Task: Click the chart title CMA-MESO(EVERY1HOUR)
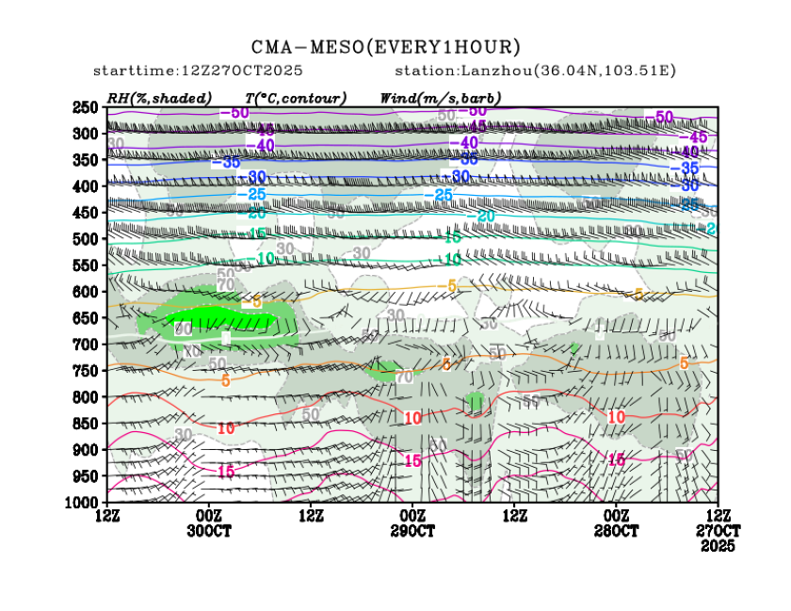(x=386, y=46)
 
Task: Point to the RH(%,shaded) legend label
(x=159, y=98)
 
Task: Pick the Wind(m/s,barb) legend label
(x=441, y=98)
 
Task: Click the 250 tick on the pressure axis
(x=86, y=107)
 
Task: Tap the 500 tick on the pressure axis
(x=86, y=239)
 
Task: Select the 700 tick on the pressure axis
(x=86, y=345)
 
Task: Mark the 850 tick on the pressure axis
(x=86, y=424)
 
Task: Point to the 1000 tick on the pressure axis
(x=83, y=503)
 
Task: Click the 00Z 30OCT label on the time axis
(x=209, y=523)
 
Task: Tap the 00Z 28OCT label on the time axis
(x=616, y=523)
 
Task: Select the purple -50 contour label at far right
(x=664, y=117)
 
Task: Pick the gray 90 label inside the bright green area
(x=184, y=329)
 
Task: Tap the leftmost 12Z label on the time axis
(x=107, y=516)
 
